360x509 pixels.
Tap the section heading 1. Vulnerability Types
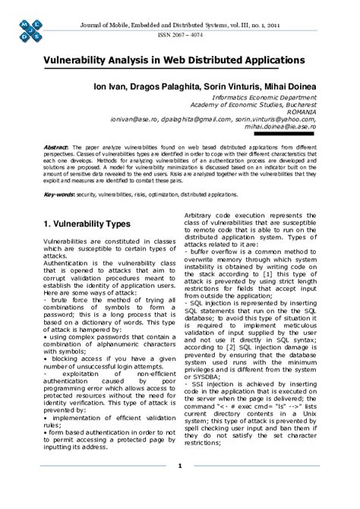(87, 225)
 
